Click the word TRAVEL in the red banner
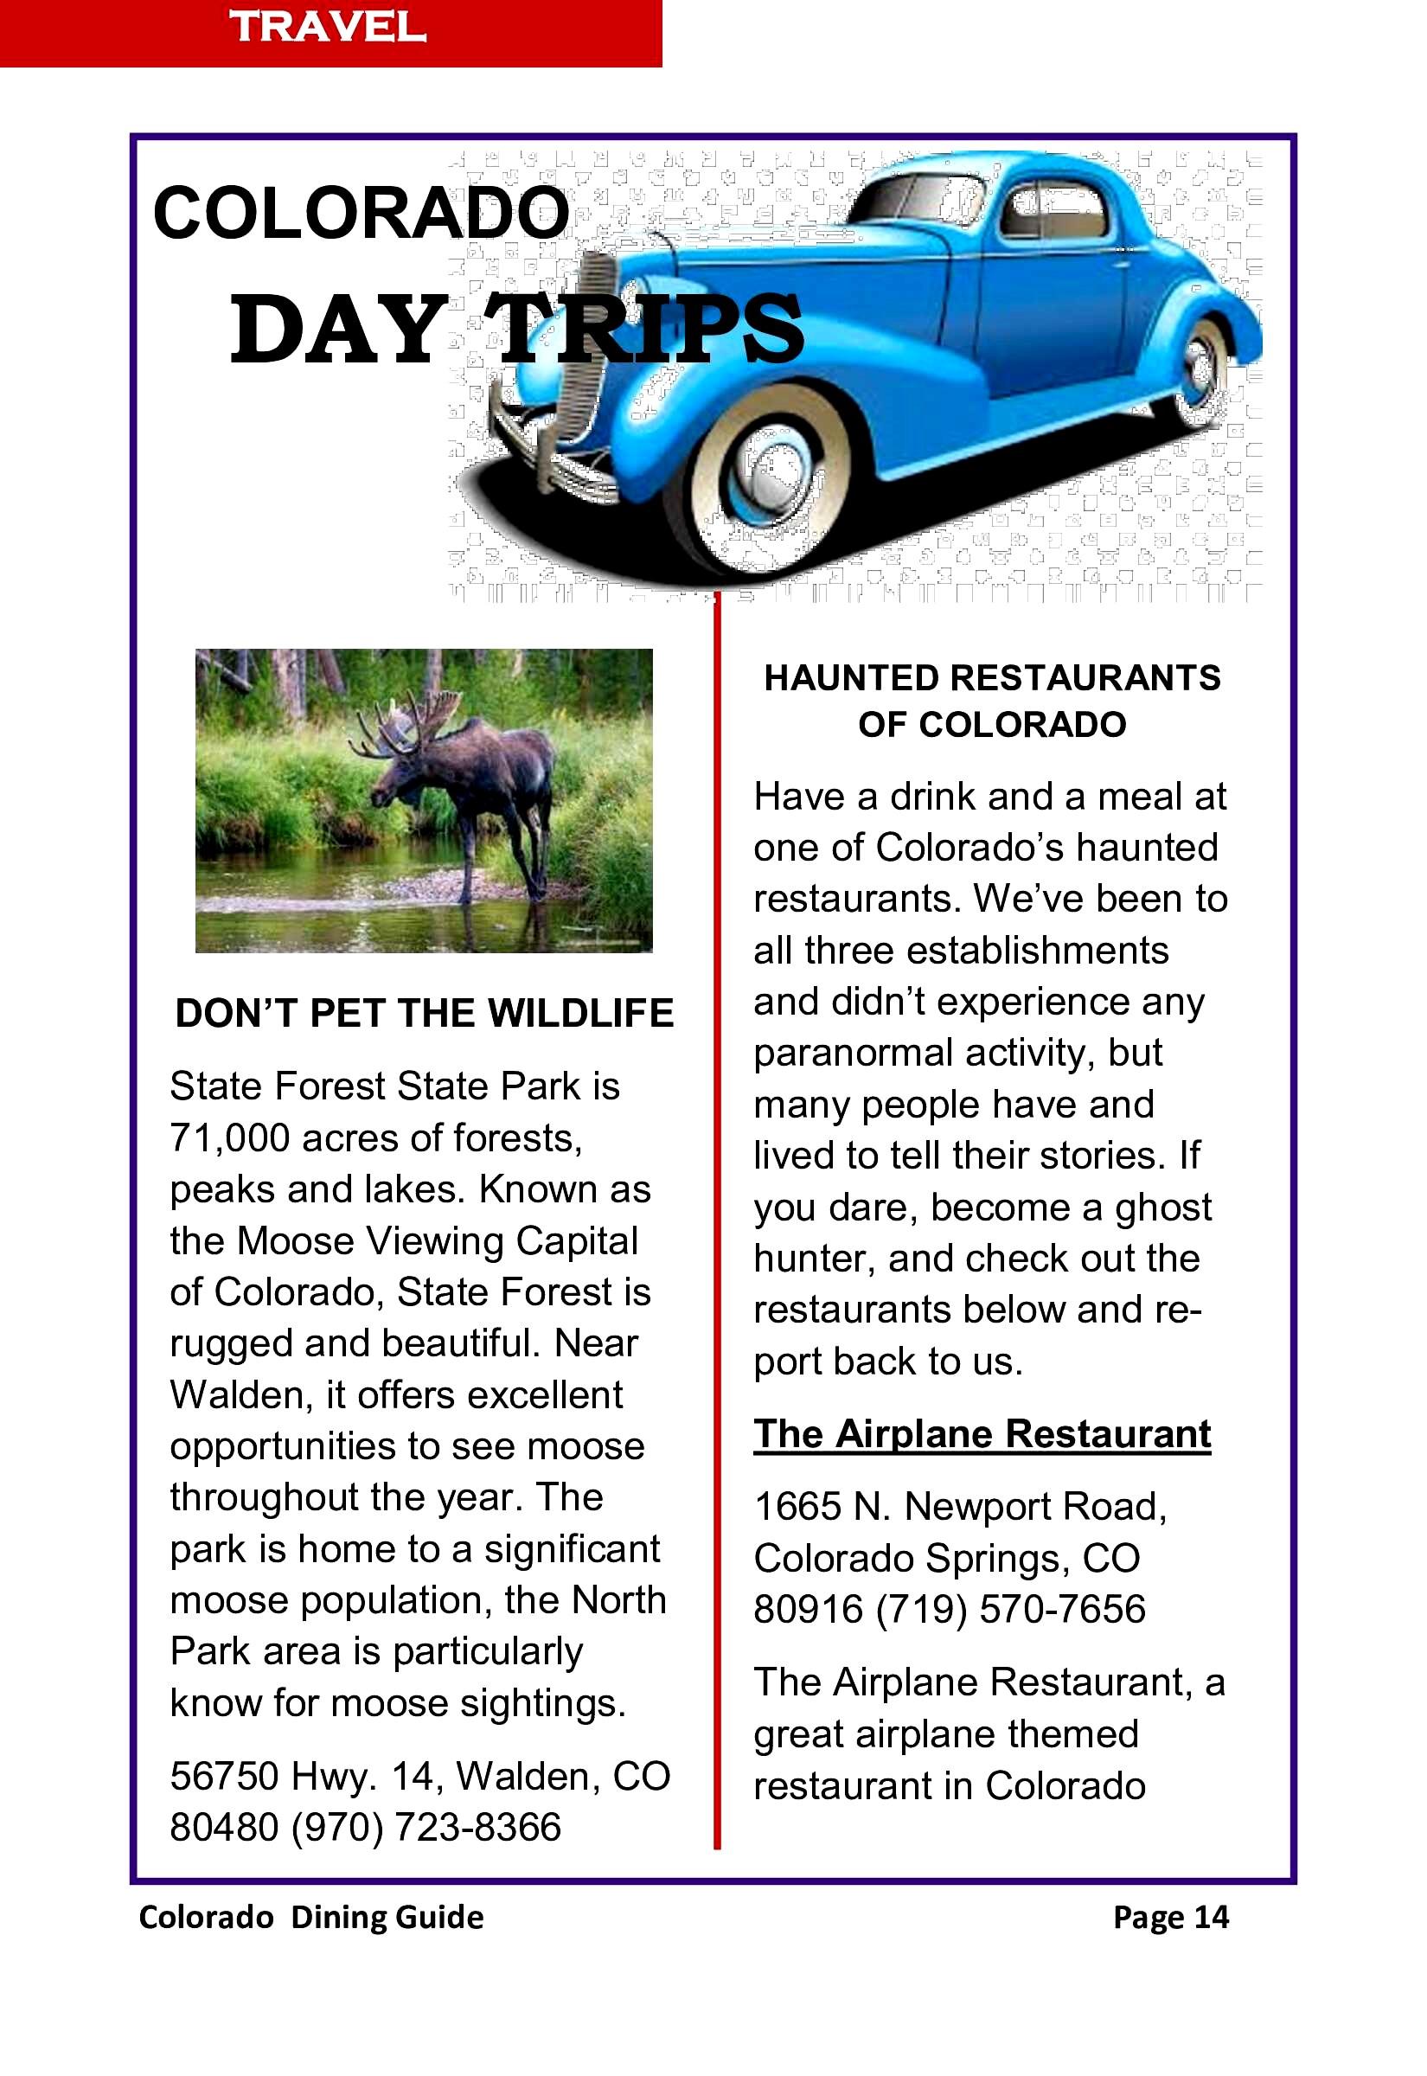[327, 28]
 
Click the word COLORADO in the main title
[361, 215]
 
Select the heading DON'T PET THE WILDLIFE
[424, 1014]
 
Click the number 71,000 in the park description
[229, 1138]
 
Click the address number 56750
[220, 1777]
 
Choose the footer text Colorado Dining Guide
[311, 1917]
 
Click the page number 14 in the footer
[1212, 1917]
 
